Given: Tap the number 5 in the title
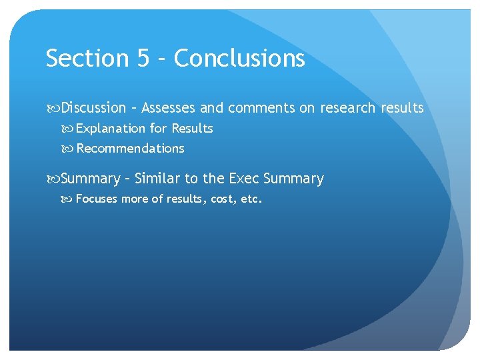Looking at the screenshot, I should (x=144, y=59).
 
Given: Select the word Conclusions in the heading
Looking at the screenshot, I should (x=239, y=59).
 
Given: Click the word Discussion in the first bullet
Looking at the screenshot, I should (x=93, y=107).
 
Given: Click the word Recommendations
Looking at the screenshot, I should (x=131, y=148).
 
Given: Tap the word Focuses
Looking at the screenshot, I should (x=97, y=198).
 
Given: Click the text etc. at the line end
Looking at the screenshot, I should (x=252, y=198).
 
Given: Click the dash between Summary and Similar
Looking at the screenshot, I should (x=127, y=179).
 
